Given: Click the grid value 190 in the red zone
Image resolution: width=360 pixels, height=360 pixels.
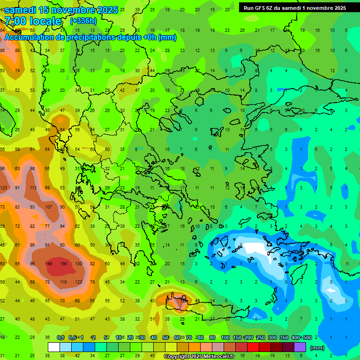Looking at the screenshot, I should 63,263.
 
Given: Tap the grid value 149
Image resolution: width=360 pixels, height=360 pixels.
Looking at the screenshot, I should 48,263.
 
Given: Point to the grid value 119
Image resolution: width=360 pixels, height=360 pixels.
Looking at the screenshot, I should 63,282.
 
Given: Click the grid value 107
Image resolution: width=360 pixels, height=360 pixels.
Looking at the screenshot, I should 48,207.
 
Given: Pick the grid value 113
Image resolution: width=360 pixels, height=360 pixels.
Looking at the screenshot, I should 33,188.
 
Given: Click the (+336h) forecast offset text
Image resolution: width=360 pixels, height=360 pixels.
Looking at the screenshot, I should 83,21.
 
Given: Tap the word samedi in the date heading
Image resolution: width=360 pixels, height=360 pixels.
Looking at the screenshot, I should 22,10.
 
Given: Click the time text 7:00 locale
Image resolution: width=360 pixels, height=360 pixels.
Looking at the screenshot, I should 33,21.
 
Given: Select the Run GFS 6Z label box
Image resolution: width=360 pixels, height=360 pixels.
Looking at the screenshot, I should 295,7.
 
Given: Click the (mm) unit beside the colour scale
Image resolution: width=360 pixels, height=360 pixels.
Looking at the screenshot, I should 317,348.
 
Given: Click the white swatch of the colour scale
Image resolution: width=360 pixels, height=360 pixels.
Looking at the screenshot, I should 54,347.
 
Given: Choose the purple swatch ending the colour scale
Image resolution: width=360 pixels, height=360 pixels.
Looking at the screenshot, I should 300,347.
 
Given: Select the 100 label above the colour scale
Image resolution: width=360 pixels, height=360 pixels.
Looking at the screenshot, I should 225,337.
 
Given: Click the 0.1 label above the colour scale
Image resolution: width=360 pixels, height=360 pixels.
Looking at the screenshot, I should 60,337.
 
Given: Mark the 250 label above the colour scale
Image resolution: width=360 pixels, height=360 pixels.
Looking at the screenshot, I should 260,337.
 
